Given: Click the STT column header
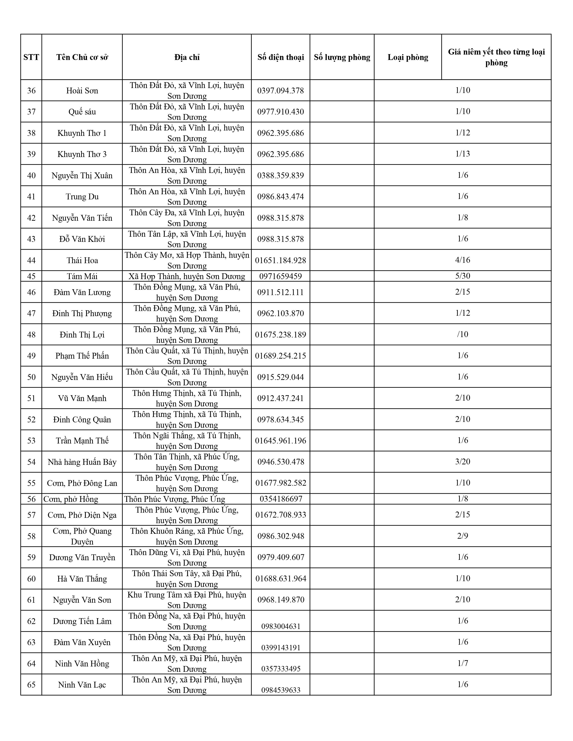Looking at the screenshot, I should coord(31,57).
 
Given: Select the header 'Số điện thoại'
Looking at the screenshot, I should coord(280,57).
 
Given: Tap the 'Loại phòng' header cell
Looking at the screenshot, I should coord(408,57).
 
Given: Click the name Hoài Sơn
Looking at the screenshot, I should coord(82,90).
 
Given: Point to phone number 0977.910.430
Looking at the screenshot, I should coord(280,112).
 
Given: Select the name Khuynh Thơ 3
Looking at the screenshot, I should coord(82,154).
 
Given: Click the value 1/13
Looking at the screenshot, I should coord(463,154).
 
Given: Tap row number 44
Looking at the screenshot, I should coord(31,260).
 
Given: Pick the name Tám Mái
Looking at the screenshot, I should coord(82,276).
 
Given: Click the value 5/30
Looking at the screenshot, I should coord(463,276).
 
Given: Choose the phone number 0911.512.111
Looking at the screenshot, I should coord(280,292).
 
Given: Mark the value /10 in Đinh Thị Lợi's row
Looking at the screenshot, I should coord(463,334).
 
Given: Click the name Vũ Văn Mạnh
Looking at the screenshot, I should coord(82,398).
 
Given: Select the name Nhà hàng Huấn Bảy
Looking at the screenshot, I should coord(82,462).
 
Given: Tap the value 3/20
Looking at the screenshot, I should coord(463,461).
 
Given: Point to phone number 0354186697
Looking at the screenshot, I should coord(281,499).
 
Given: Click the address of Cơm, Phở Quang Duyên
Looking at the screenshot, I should coord(187,536).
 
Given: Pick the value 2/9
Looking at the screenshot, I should coord(463,536).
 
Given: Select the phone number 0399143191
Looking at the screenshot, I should coord(281,647).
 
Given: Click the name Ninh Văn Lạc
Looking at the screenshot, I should coord(82,685).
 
